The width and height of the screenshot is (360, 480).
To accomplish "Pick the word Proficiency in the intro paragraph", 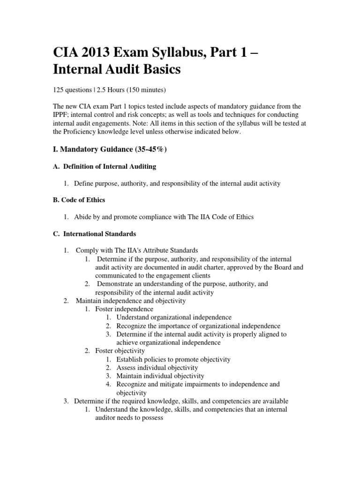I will point(97,132).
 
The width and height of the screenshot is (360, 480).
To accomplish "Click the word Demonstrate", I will point(119,284).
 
